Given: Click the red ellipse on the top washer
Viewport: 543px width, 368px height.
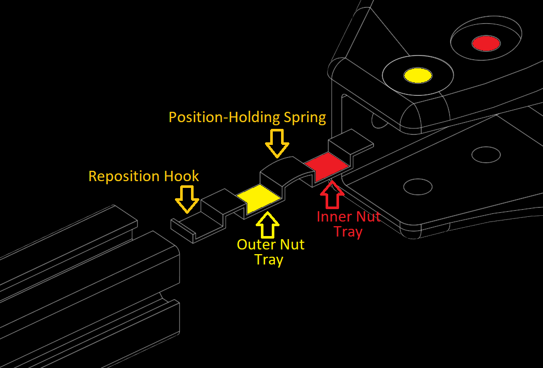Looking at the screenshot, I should (x=486, y=43).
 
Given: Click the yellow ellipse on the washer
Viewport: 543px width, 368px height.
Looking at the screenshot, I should (x=418, y=76).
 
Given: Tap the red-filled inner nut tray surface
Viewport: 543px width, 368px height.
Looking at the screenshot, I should (x=327, y=165).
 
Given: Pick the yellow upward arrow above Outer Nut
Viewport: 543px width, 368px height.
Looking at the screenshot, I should (x=268, y=224).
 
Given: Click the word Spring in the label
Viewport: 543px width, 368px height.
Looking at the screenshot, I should (x=305, y=118).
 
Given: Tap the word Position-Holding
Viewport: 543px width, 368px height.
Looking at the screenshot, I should (x=225, y=117).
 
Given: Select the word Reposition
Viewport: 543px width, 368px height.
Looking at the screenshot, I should (x=124, y=176).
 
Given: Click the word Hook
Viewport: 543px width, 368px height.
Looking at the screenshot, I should (x=181, y=176).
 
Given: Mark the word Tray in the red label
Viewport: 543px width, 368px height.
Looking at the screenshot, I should (x=348, y=232).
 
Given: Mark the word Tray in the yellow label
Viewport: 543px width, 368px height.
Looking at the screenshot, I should (x=269, y=259).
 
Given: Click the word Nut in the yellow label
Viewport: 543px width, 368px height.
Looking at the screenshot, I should (x=292, y=244).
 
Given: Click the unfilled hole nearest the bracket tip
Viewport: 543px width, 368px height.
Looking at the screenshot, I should (x=417, y=186).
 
